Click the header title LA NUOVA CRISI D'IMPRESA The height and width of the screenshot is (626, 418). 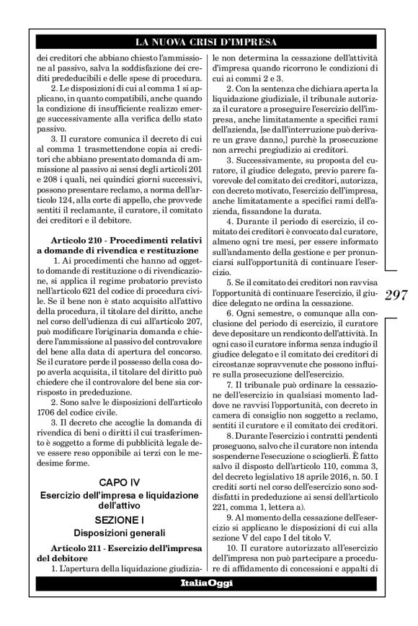[x=208, y=43]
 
